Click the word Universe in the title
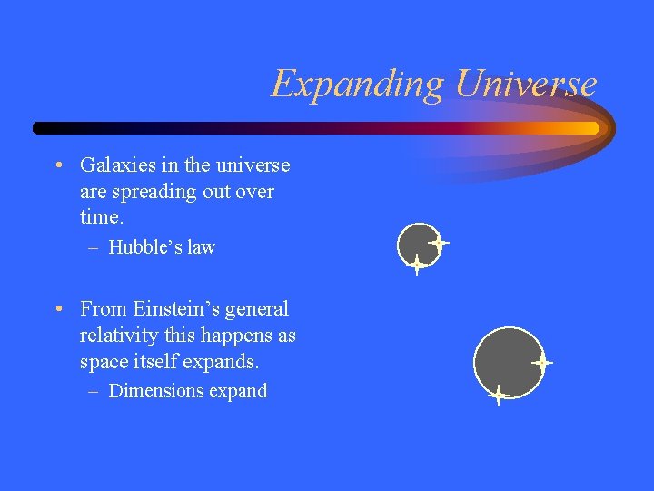coord(526,84)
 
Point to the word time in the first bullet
coord(99,217)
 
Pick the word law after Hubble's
coord(202,247)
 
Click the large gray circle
coord(506,360)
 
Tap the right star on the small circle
coord(440,243)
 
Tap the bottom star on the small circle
coord(416,265)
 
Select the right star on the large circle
coord(542,362)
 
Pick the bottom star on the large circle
coord(498,396)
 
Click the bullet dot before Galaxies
coord(58,165)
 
